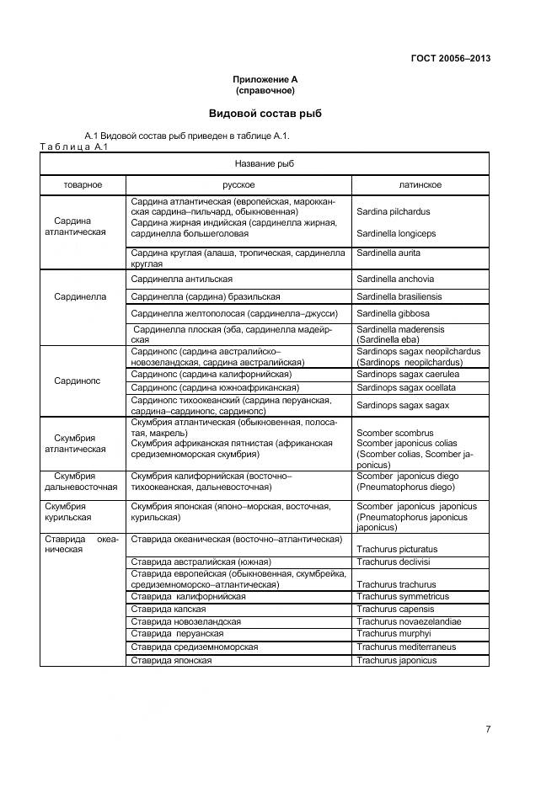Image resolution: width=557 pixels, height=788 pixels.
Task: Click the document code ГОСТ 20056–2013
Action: tap(450, 58)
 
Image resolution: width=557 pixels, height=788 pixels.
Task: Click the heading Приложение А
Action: tap(265, 79)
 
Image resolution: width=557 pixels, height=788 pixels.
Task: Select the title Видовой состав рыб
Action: tap(265, 113)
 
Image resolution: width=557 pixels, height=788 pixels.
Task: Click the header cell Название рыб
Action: tap(265, 163)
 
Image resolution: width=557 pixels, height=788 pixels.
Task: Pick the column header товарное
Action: tap(83, 185)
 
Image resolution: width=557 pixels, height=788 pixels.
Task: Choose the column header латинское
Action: tap(420, 185)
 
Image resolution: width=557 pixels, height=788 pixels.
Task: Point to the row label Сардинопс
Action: tap(78, 381)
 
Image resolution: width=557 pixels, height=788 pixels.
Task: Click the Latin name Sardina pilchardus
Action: tap(393, 212)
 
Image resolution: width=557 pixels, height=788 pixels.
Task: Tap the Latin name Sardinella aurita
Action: tap(388, 253)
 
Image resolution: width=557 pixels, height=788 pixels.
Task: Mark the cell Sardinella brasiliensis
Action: tap(399, 296)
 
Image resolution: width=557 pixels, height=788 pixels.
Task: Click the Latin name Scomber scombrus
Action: tap(394, 433)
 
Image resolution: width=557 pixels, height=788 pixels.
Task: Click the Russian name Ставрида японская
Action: tap(171, 660)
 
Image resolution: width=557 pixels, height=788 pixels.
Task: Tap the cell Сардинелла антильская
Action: tap(182, 279)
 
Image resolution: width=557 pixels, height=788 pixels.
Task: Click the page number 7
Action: tap(487, 729)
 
